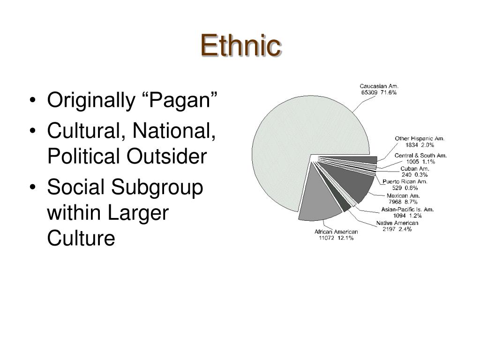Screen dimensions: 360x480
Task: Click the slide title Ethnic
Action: (240, 46)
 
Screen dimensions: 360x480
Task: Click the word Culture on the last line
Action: (81, 238)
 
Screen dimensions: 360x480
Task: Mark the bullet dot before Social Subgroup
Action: (32, 188)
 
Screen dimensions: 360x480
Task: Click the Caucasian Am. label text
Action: (379, 86)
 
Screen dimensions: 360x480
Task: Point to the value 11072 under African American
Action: (326, 238)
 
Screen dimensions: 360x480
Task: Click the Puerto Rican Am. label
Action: (405, 182)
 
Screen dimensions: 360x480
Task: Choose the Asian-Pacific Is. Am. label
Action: (407, 209)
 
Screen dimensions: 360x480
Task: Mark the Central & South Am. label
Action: (420, 155)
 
